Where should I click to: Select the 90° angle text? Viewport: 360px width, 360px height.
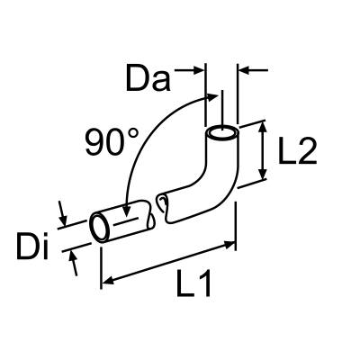pyautogui.click(x=112, y=142)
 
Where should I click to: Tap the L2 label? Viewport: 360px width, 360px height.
pyautogui.click(x=296, y=152)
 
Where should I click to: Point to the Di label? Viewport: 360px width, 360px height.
pyautogui.click(x=34, y=245)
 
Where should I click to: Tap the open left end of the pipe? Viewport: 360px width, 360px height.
pyautogui.click(x=98, y=228)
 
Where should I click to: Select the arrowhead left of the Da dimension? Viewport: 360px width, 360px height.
pyautogui.click(x=199, y=69)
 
